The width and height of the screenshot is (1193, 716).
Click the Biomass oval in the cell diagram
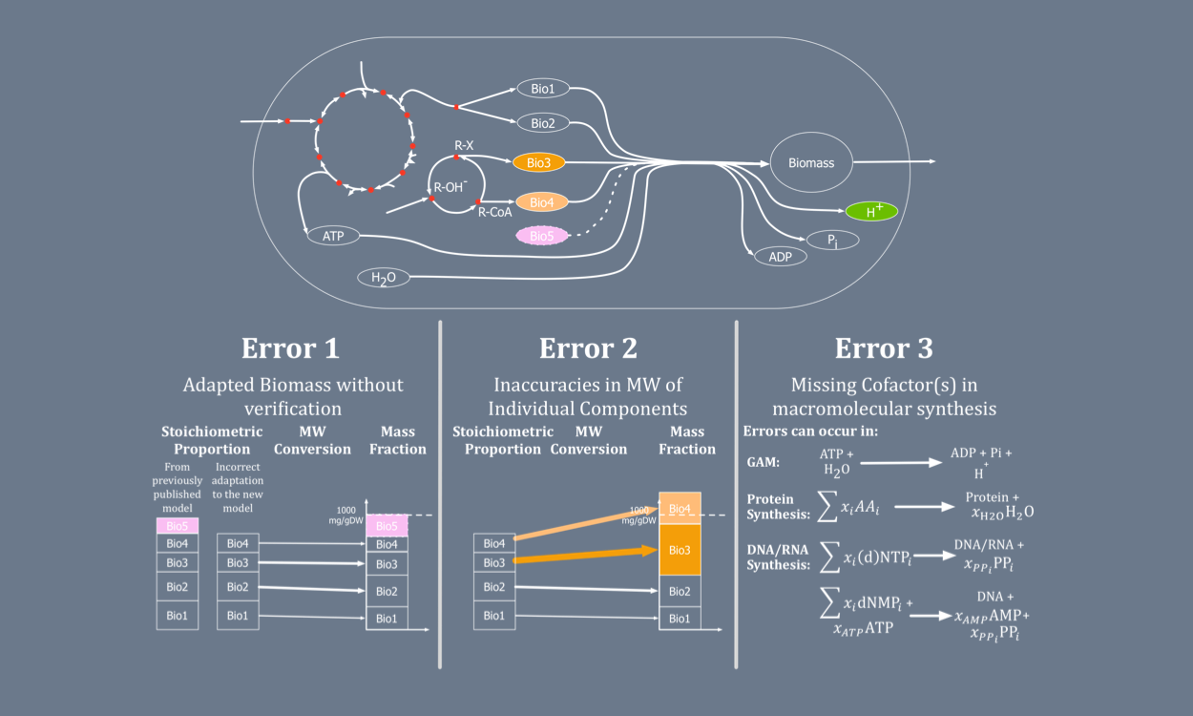coord(810,162)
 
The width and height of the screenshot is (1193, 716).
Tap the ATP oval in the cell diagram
coord(333,235)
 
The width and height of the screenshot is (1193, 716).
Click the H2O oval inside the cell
coord(383,278)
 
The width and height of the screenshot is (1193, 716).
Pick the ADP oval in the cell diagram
coord(780,256)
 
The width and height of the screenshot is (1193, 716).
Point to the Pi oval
coord(832,241)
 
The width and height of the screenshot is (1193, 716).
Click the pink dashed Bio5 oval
coord(541,235)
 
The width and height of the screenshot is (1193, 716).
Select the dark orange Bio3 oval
coord(539,162)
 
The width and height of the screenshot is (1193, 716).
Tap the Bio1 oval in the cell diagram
coord(542,89)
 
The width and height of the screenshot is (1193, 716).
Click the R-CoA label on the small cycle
coord(494,212)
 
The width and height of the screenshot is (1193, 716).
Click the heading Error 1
coord(290,348)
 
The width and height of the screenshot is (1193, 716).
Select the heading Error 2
coord(588,348)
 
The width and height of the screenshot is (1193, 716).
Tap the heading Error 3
coord(884,348)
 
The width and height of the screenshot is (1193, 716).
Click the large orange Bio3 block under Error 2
coord(680,550)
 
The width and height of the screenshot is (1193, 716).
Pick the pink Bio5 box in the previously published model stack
coord(178,525)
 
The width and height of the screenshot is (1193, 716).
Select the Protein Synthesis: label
coord(777,506)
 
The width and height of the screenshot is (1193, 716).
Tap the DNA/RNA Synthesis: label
coord(777,556)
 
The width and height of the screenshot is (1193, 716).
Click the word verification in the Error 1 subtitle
coord(293,409)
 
